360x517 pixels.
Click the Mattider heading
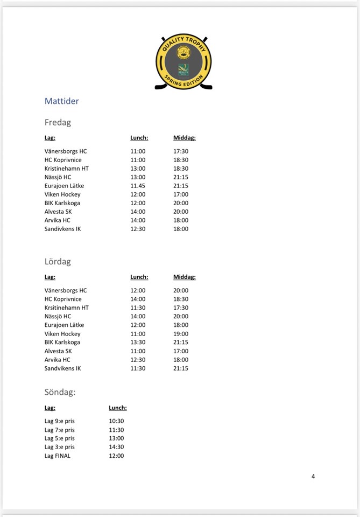[61, 101]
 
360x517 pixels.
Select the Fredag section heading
[58, 122]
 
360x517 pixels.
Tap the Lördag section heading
[58, 262]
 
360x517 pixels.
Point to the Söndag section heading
[60, 392]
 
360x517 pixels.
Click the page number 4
[313, 476]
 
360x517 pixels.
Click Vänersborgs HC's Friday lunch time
[138, 151]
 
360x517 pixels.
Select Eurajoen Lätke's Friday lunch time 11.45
[138, 186]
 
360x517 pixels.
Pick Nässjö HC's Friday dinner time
[181, 177]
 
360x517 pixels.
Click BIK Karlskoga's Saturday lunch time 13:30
[138, 343]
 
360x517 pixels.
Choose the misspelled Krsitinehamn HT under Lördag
[67, 308]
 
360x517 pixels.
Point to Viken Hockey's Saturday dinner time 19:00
[181, 334]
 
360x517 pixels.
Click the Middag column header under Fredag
[185, 138]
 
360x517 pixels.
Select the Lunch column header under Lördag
[139, 277]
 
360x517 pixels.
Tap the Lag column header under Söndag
[50, 408]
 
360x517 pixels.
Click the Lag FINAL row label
[58, 456]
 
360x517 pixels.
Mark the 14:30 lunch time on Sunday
[116, 447]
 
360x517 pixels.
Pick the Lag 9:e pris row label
[60, 421]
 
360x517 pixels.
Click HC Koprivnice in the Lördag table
[63, 299]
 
